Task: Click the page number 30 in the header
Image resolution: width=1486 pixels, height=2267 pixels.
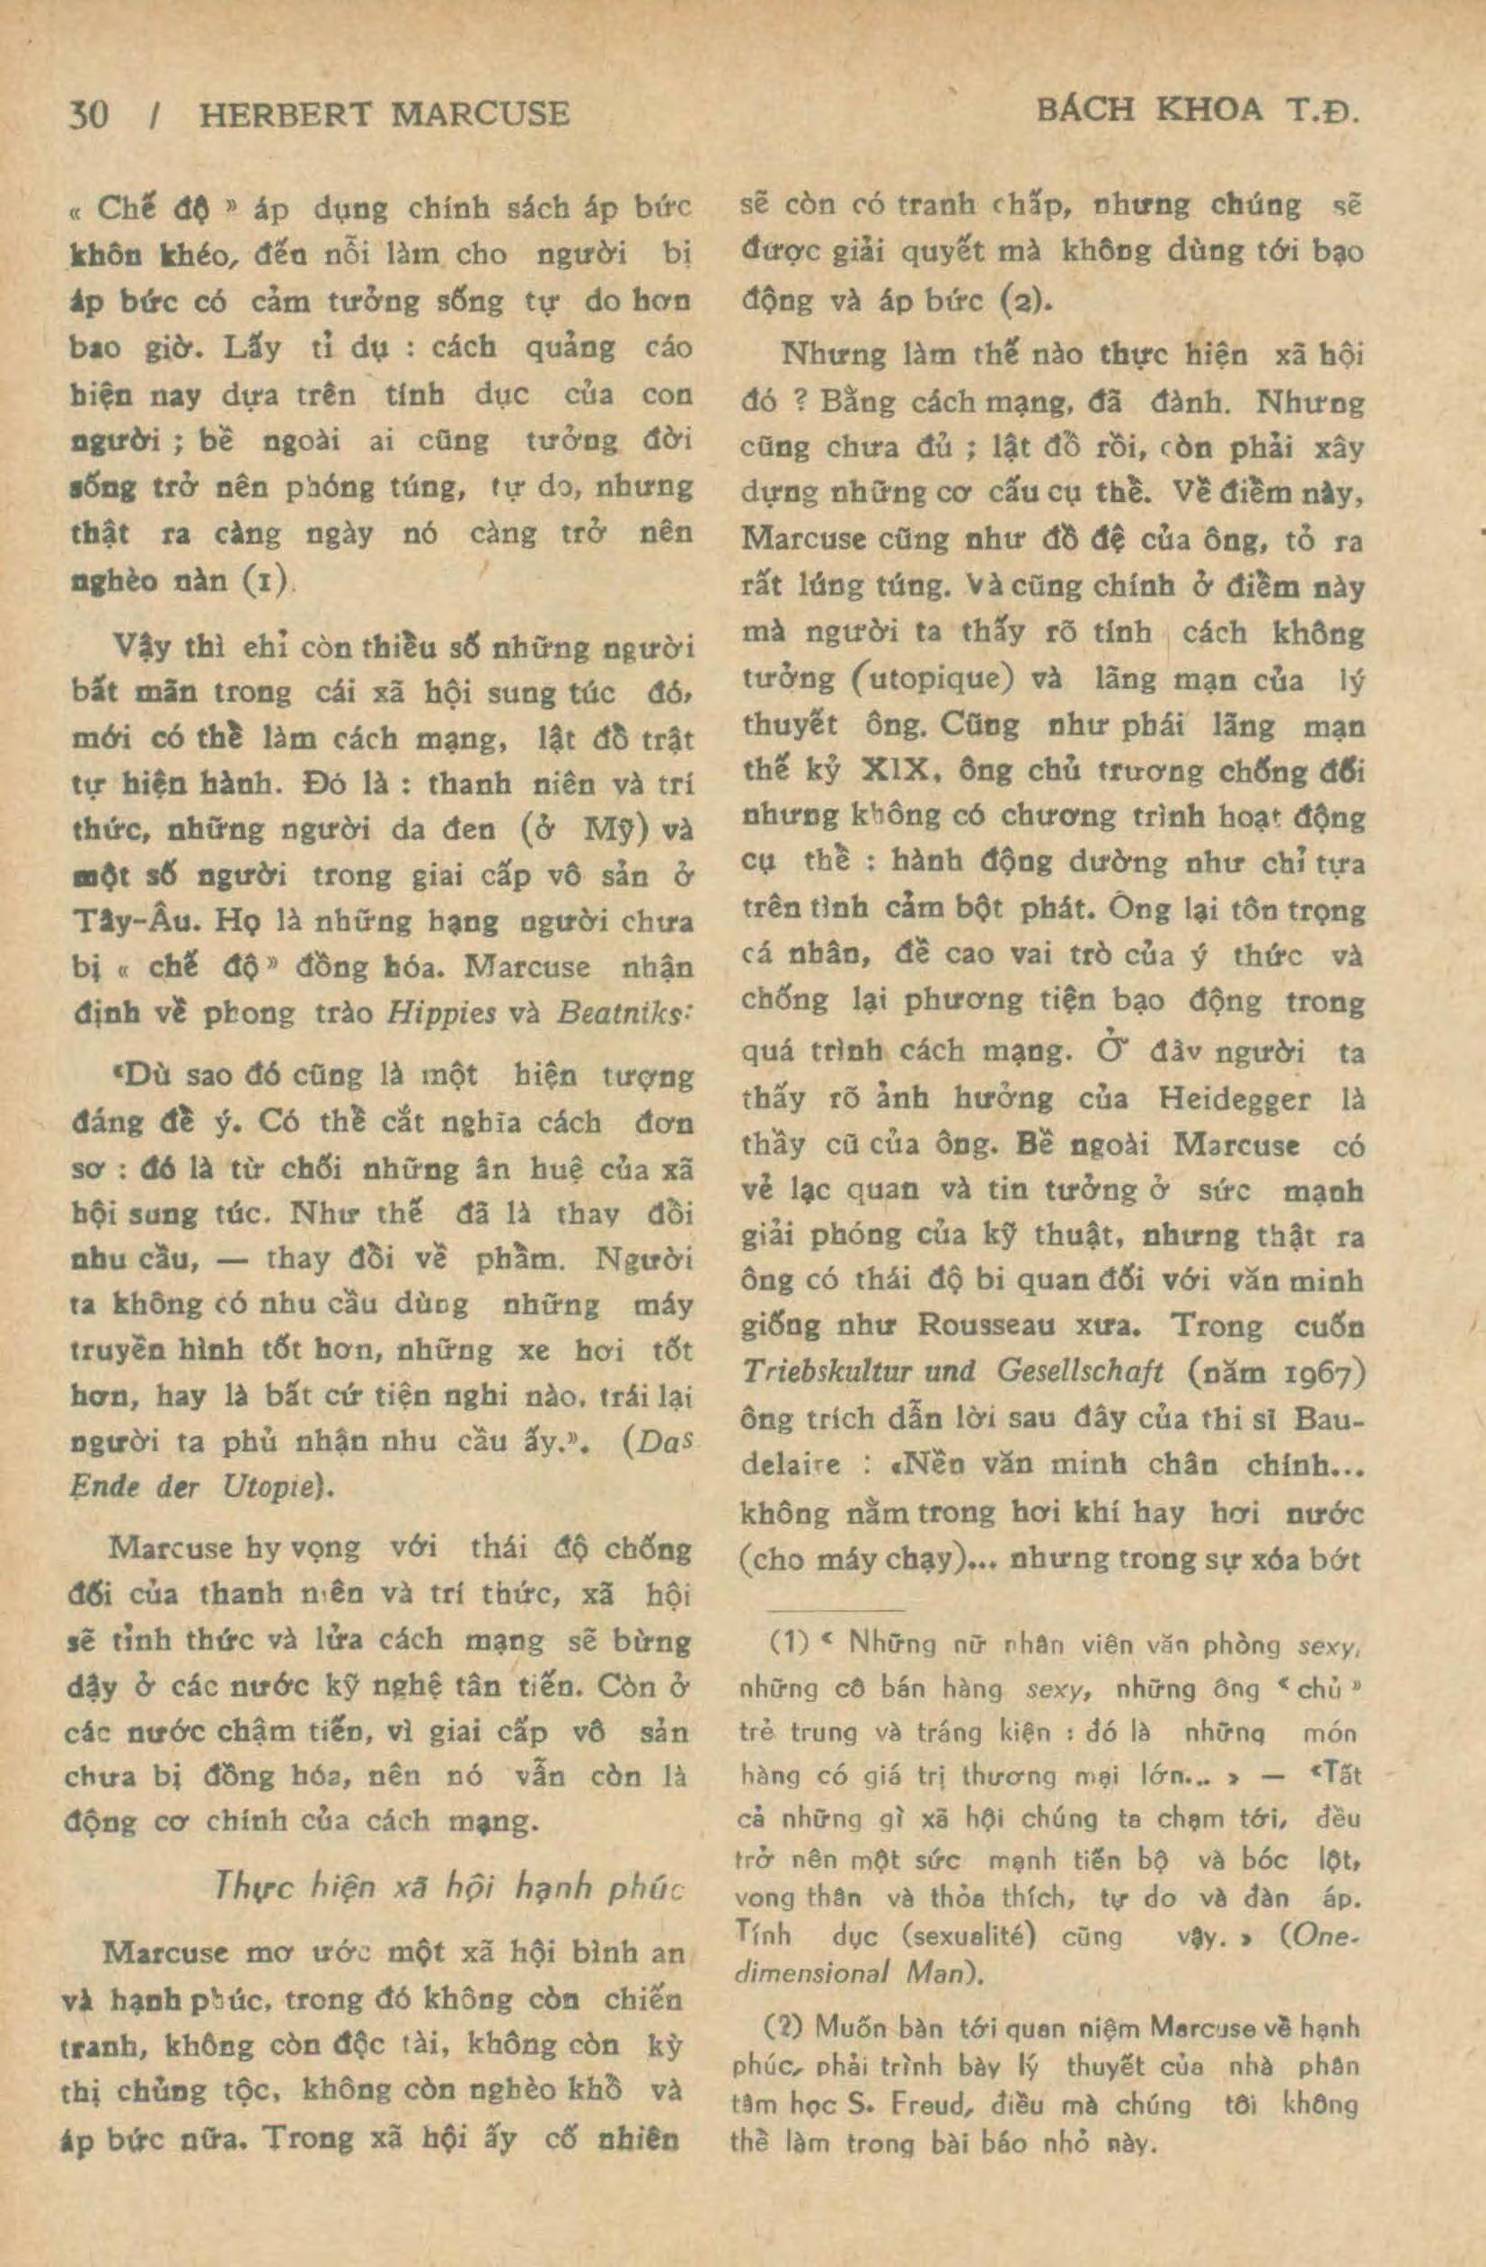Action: tap(90, 115)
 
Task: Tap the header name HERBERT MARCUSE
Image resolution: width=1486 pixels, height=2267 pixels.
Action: tap(383, 115)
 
